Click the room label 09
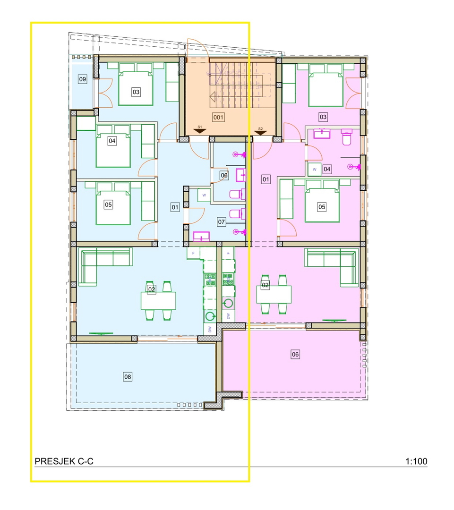[x=82, y=79]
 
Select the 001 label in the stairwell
[x=218, y=117]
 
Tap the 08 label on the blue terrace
[x=128, y=377]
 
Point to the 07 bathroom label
[x=221, y=222]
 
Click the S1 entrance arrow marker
[x=199, y=131]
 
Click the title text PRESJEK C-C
[x=64, y=461]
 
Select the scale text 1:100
[x=416, y=461]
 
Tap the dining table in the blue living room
[x=158, y=301]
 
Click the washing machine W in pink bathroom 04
[x=314, y=170]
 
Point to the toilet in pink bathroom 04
[x=347, y=137]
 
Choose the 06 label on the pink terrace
[x=295, y=355]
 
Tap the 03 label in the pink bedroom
[x=323, y=117]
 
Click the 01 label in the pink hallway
[x=266, y=179]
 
